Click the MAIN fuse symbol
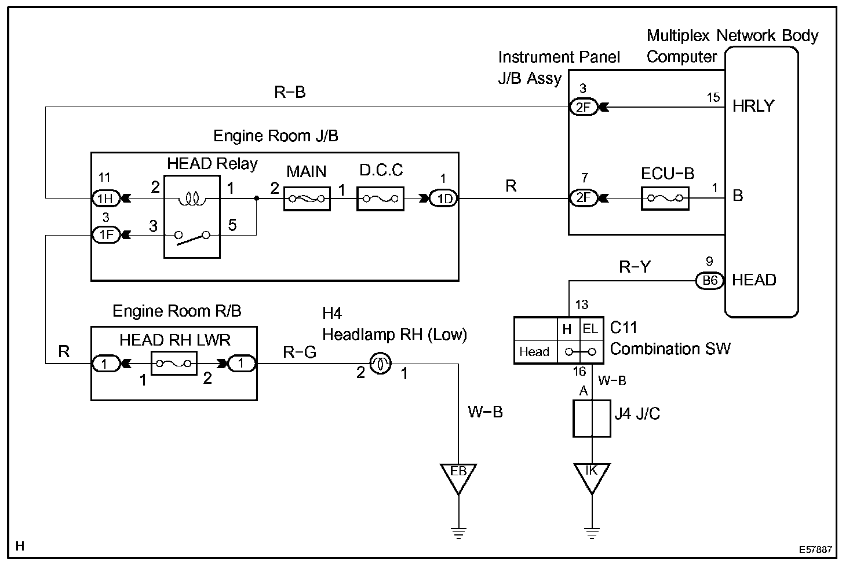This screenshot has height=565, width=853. click(x=307, y=199)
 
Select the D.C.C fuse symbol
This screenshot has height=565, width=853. click(x=380, y=199)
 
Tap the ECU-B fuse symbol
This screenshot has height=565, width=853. click(x=665, y=198)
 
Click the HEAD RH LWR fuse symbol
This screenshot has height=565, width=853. click(x=174, y=364)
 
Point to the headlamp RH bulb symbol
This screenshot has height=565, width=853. click(x=380, y=364)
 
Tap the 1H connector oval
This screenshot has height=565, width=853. click(x=106, y=198)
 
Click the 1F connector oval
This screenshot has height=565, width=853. click(x=106, y=235)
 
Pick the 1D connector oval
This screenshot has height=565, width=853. click(x=444, y=199)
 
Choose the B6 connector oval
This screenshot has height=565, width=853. click(x=709, y=281)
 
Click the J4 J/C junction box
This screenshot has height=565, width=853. click(x=592, y=419)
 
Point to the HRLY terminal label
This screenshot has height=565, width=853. click(x=753, y=106)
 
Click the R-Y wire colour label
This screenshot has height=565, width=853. click(x=635, y=267)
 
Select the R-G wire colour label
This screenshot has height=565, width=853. click(x=300, y=353)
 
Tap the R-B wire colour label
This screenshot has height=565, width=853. click(x=290, y=92)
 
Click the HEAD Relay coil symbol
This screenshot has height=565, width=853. click(x=192, y=199)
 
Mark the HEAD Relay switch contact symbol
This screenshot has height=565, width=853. click(x=192, y=238)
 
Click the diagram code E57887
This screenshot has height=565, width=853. click(x=815, y=549)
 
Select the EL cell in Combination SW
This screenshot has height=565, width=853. click(x=590, y=328)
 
